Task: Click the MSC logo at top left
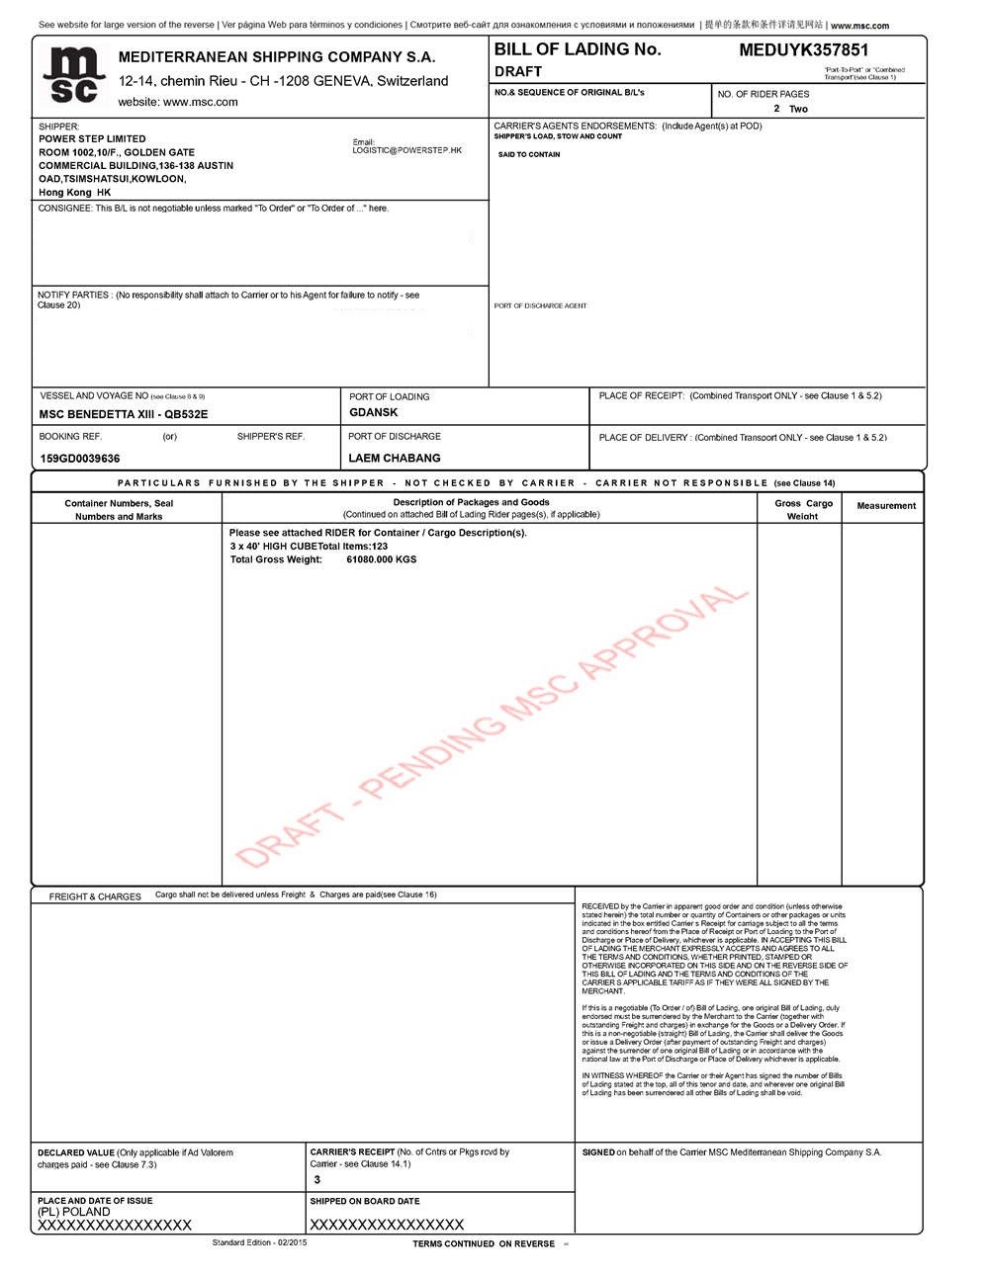click(x=73, y=75)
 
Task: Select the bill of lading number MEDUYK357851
click(x=803, y=50)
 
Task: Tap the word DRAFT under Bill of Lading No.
click(x=518, y=71)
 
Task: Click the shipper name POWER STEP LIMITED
click(x=92, y=139)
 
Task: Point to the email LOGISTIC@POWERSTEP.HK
click(x=406, y=150)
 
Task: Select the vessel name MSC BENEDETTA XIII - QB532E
click(x=124, y=414)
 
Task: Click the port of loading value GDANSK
click(x=374, y=412)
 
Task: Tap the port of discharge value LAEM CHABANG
click(x=395, y=459)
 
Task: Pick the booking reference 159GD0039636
click(x=79, y=459)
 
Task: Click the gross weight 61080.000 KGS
click(x=381, y=559)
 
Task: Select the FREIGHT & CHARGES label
click(x=95, y=896)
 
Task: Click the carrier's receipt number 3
click(x=317, y=1179)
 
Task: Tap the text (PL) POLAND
click(x=74, y=1212)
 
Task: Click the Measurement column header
click(x=886, y=506)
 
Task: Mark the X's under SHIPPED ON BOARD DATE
click(x=387, y=1225)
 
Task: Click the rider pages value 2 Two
click(x=790, y=109)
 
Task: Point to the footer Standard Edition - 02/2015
click(x=259, y=1242)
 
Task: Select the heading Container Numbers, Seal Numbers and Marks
click(x=119, y=510)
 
